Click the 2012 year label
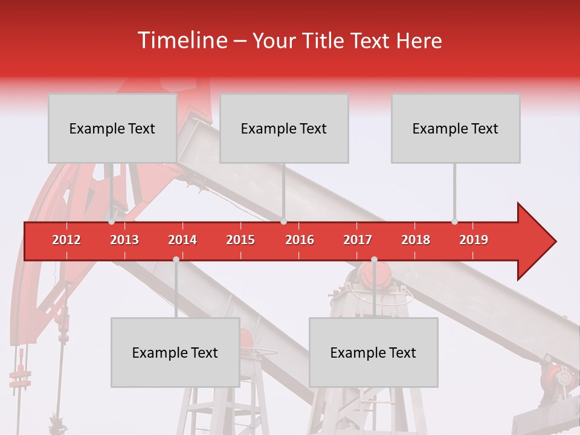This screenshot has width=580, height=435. point(66,240)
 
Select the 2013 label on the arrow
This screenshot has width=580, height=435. point(124,240)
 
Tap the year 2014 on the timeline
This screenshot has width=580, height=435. point(182,240)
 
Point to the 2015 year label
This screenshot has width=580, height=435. point(240,240)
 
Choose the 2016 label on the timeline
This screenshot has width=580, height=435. point(300,240)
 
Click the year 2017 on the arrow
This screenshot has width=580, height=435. point(358,240)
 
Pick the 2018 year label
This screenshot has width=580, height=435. point(416,240)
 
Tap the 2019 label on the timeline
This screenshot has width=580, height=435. point(474,240)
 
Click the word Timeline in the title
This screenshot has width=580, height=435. point(181,40)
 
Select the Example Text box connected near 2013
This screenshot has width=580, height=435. point(112,128)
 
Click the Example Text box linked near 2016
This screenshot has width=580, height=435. point(284,128)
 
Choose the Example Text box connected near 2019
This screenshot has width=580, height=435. point(456,128)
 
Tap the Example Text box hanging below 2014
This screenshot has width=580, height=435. point(175,352)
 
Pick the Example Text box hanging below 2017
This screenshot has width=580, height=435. point(373,352)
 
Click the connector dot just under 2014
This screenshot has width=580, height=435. point(176,259)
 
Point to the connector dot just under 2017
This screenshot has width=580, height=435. point(374,259)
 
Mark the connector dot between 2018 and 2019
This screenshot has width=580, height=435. point(454,222)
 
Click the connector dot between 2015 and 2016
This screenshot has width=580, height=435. point(283,222)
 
